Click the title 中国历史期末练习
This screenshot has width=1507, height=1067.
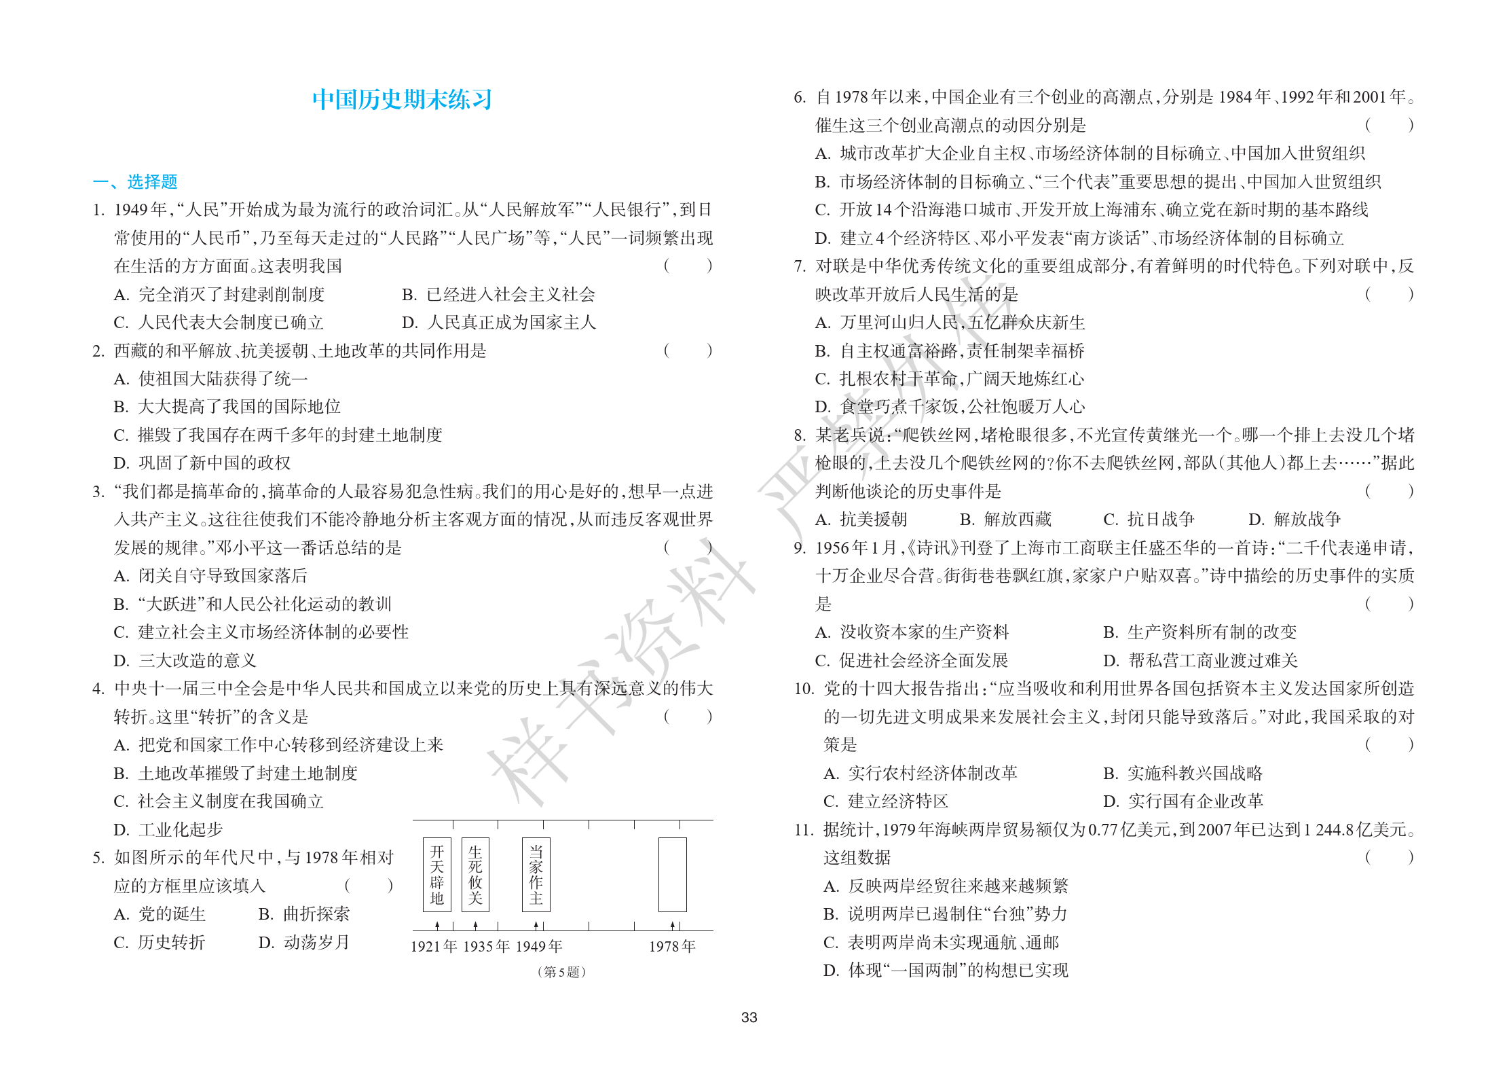(402, 100)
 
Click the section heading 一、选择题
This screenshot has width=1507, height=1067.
(135, 182)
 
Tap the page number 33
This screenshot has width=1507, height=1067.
(749, 1017)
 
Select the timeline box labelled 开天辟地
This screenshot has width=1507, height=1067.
(436, 875)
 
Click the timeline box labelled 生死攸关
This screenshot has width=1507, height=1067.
(475, 875)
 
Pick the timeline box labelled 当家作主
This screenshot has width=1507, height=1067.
(536, 875)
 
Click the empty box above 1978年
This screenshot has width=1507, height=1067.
(672, 875)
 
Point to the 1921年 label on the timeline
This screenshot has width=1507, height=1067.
(434, 947)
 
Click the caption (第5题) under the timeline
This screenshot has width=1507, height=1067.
(561, 972)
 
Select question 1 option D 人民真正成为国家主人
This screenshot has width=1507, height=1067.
(498, 323)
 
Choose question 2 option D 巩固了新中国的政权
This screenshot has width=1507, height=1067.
(202, 463)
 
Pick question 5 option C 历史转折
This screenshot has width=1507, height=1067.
(160, 943)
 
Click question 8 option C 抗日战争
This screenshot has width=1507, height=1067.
(1149, 520)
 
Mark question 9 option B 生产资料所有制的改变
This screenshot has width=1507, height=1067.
(1199, 632)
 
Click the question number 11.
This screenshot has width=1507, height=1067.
(803, 830)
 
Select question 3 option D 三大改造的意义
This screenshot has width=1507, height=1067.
(185, 661)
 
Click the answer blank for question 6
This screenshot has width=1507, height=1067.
(1389, 126)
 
